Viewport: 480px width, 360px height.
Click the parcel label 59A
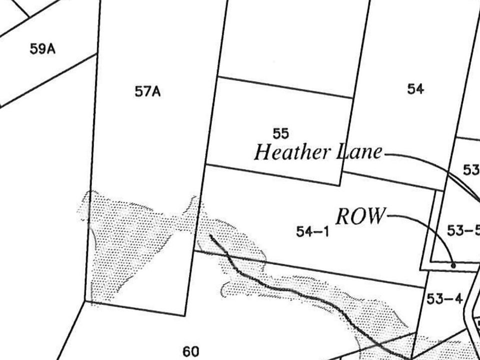click(42, 49)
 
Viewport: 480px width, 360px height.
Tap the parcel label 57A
click(147, 92)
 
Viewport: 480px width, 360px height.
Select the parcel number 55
click(281, 133)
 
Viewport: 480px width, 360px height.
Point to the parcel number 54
click(415, 89)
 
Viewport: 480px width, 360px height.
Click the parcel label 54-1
click(312, 231)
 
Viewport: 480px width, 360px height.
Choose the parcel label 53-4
click(444, 299)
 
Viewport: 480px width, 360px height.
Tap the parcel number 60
click(191, 351)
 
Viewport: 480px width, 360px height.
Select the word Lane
click(358, 151)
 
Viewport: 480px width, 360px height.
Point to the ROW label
click(360, 217)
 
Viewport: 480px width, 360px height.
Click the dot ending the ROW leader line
click(453, 265)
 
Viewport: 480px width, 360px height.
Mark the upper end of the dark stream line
click(211, 235)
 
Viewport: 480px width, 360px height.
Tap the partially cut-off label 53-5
click(463, 231)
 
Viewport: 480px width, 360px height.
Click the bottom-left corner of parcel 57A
click(85, 302)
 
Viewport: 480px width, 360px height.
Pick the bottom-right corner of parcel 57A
click(184, 315)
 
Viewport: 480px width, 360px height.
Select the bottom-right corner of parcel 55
click(341, 185)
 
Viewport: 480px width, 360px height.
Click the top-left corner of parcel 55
click(218, 77)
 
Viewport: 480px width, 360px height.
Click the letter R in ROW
click(343, 217)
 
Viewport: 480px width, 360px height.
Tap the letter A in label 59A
click(50, 49)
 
